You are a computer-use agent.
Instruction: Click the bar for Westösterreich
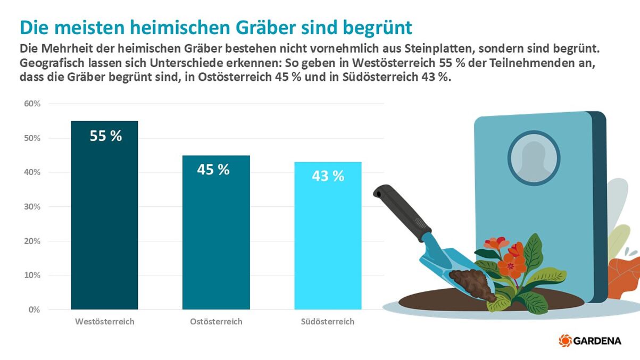point(104,223)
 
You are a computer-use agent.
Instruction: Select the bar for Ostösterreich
point(216,239)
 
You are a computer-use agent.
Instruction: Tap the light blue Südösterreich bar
point(328,245)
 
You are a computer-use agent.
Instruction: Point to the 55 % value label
point(106,136)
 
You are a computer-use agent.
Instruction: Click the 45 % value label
point(213,170)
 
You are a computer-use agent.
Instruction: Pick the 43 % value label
point(328,176)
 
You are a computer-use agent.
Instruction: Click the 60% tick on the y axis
point(32,104)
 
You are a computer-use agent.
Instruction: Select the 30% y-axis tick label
point(32,207)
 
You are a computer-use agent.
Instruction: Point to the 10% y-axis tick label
point(32,275)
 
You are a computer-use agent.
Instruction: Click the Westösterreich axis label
point(105,322)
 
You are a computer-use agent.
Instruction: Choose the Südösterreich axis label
point(328,322)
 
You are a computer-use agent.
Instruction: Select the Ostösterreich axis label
point(216,322)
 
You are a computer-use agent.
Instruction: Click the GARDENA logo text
point(597,341)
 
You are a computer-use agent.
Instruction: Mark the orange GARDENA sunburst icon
point(565,340)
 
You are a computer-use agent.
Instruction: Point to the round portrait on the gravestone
point(533,158)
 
